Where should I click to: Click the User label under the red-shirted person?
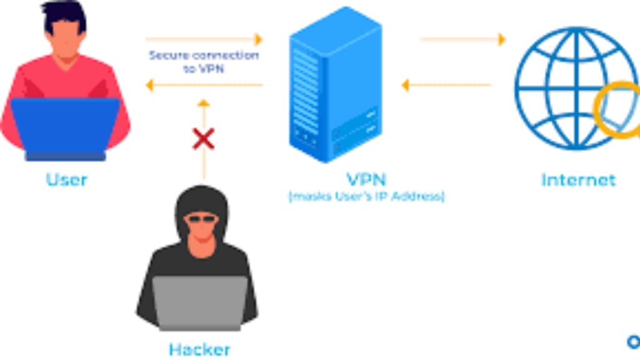67,180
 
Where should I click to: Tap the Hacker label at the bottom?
199,348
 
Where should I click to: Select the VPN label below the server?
366,179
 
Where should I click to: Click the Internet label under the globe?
578,181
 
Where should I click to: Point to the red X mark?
203,139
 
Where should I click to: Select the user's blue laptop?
65,126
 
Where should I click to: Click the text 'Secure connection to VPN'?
204,62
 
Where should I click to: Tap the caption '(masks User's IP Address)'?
366,197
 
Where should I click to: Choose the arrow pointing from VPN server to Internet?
463,39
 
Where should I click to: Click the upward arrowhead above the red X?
203,102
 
